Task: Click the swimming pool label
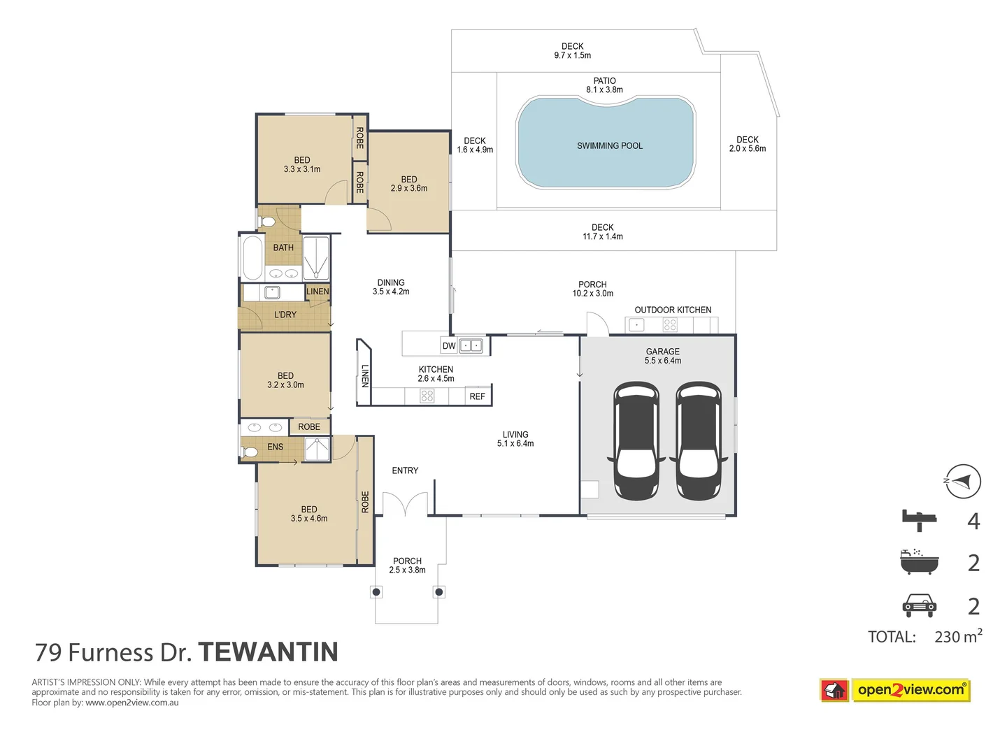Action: (609, 146)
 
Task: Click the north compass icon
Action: (963, 481)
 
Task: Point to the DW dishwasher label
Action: (449, 346)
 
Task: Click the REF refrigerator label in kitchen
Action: (477, 396)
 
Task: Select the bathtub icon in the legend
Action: (919, 562)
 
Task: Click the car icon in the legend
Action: (919, 605)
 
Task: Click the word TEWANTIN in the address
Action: (269, 652)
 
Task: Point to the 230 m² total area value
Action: (957, 636)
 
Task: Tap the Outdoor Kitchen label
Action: (673, 310)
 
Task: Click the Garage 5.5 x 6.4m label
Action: (662, 356)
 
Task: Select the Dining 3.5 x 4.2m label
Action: (391, 287)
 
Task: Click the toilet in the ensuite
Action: (250, 452)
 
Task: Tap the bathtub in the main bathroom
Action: (252, 257)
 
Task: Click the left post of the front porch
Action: (376, 592)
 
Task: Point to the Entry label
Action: (405, 470)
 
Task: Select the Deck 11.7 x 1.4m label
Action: (602, 232)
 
